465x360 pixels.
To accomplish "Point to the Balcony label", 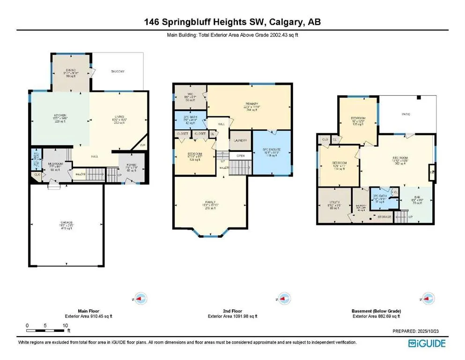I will tap(118, 71).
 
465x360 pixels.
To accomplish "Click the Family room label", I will tap(209, 202).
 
